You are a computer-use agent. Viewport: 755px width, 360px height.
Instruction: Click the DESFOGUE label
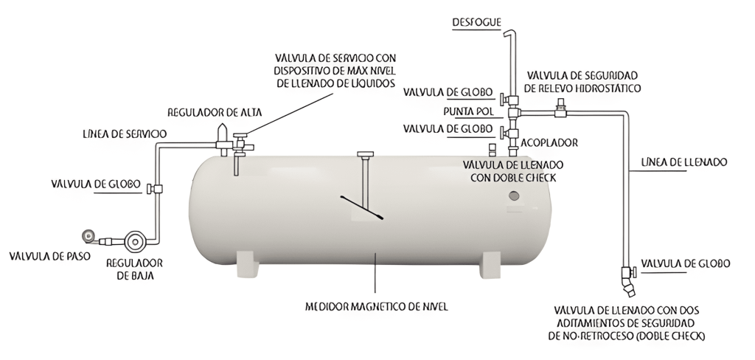[476, 23]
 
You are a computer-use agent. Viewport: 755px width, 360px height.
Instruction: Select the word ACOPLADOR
[549, 142]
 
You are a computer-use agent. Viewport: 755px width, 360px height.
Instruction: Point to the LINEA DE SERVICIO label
[124, 134]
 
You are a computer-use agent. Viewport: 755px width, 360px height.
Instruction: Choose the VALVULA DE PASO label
[44, 256]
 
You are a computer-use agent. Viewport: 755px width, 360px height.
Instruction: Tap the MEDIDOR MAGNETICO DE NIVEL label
[376, 305]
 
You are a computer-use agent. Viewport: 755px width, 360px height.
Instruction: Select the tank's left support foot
[246, 263]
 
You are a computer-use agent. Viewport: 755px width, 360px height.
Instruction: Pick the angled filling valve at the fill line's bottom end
[627, 280]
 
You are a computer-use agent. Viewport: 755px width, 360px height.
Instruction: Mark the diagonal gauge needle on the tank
[362, 207]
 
